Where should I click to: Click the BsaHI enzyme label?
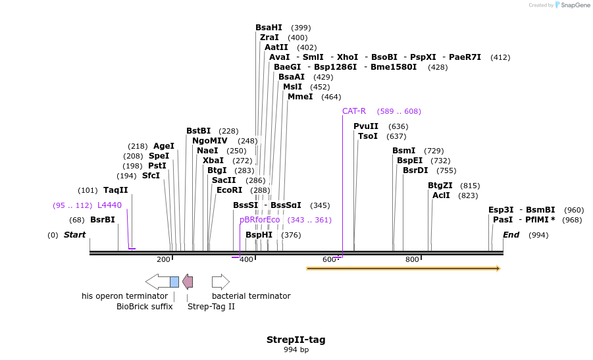269,28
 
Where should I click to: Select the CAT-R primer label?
354,111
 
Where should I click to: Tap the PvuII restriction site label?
366,126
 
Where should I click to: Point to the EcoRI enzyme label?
230,190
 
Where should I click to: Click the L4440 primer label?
109,205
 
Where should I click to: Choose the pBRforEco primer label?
260,220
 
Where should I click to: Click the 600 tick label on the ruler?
329,260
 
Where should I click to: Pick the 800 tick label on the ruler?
412,260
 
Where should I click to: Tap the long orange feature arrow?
403,269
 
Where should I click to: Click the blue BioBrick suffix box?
174,282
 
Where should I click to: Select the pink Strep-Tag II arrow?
188,282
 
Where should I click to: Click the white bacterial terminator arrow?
220,282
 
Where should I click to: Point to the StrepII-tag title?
296,340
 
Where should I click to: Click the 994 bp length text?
296,350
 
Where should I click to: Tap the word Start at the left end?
74,235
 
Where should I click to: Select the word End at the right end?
511,235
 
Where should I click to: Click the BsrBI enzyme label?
103,220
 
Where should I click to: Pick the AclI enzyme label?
441,195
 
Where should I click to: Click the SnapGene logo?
570,5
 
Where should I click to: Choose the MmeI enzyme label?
300,97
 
